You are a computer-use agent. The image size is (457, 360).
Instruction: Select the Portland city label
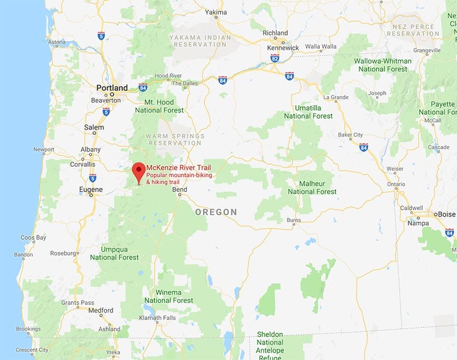112,88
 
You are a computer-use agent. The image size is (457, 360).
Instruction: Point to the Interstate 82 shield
275,58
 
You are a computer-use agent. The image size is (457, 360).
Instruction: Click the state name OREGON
216,212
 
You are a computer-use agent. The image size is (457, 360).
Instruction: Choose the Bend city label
179,189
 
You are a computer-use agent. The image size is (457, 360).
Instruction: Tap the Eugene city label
91,189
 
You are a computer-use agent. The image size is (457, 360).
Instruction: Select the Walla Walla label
322,46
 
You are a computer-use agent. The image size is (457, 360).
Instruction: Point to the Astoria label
57,42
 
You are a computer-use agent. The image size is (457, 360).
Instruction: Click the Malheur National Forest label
312,187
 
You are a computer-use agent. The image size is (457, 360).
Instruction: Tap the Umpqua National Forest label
114,254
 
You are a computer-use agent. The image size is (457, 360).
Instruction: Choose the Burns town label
294,219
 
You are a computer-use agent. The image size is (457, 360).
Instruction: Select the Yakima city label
215,12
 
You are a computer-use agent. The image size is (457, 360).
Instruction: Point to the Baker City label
350,135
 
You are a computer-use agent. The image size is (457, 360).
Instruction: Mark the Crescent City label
32,350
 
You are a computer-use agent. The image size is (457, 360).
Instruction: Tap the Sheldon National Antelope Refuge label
270,342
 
